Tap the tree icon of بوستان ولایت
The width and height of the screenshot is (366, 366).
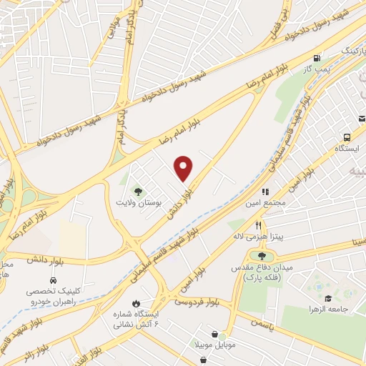137,191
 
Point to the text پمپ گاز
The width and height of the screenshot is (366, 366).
317,69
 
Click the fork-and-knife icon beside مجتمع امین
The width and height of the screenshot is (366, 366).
265,192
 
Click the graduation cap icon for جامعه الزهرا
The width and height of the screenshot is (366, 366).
328,298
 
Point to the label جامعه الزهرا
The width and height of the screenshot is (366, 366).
342,309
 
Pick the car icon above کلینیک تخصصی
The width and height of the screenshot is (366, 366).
54,280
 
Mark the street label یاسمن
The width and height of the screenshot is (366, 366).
260,322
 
